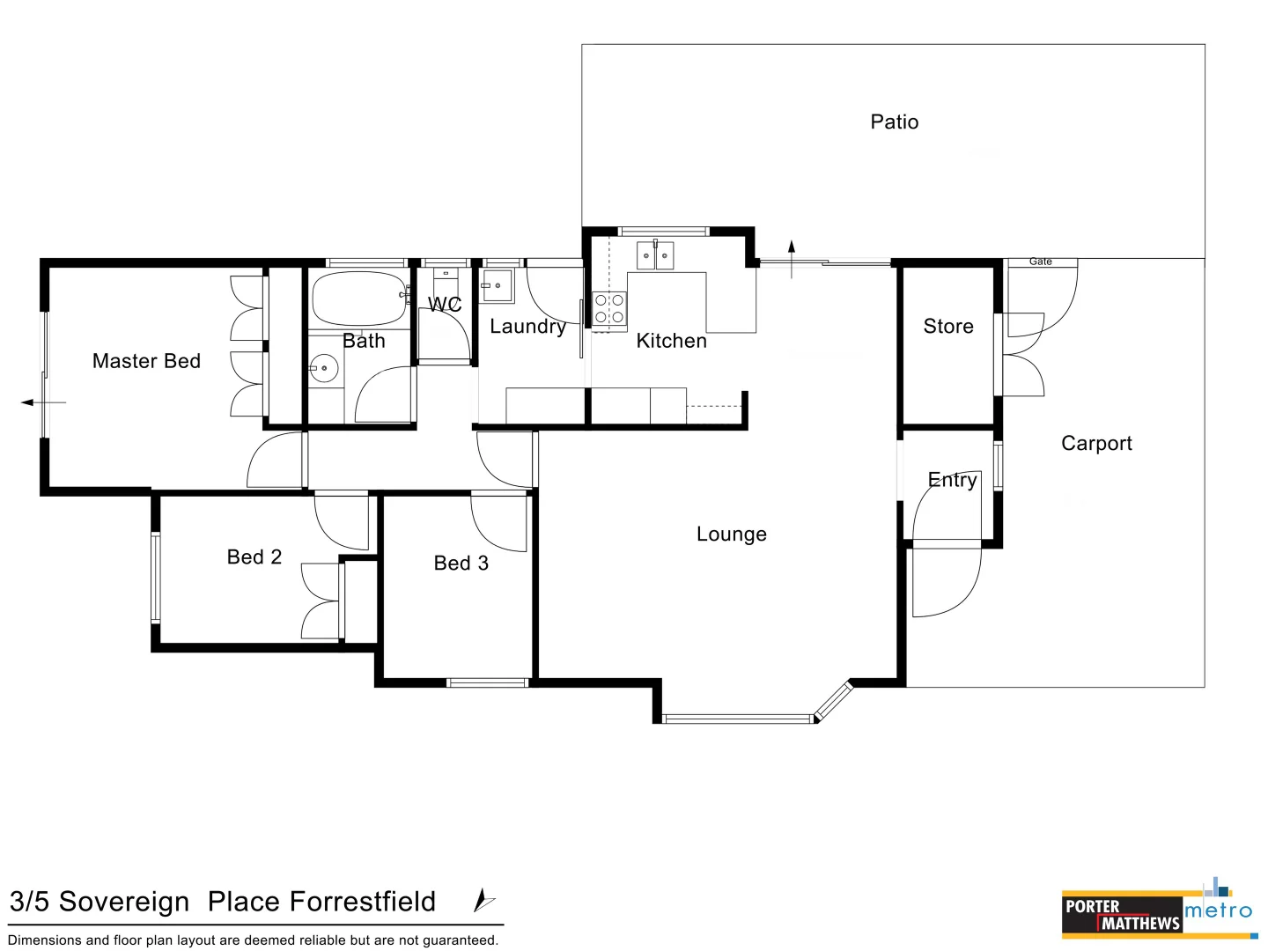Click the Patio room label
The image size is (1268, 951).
point(894,122)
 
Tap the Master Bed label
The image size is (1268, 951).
point(146,361)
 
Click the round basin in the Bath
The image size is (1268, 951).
point(324,368)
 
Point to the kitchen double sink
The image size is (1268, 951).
point(654,255)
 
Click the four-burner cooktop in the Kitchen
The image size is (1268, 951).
point(608,308)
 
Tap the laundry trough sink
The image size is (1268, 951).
point(498,285)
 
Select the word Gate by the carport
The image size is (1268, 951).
point(1040,262)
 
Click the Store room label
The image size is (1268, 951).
point(948,326)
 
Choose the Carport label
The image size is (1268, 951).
point(1096,444)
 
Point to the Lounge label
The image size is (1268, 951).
point(732,534)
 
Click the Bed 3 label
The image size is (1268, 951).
point(461,563)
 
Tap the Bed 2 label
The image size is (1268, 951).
point(254,557)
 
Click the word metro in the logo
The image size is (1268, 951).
point(1218,910)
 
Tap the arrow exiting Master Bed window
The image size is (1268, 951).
point(43,402)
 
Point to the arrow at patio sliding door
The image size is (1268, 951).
point(792,259)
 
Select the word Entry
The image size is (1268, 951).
point(952,480)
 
